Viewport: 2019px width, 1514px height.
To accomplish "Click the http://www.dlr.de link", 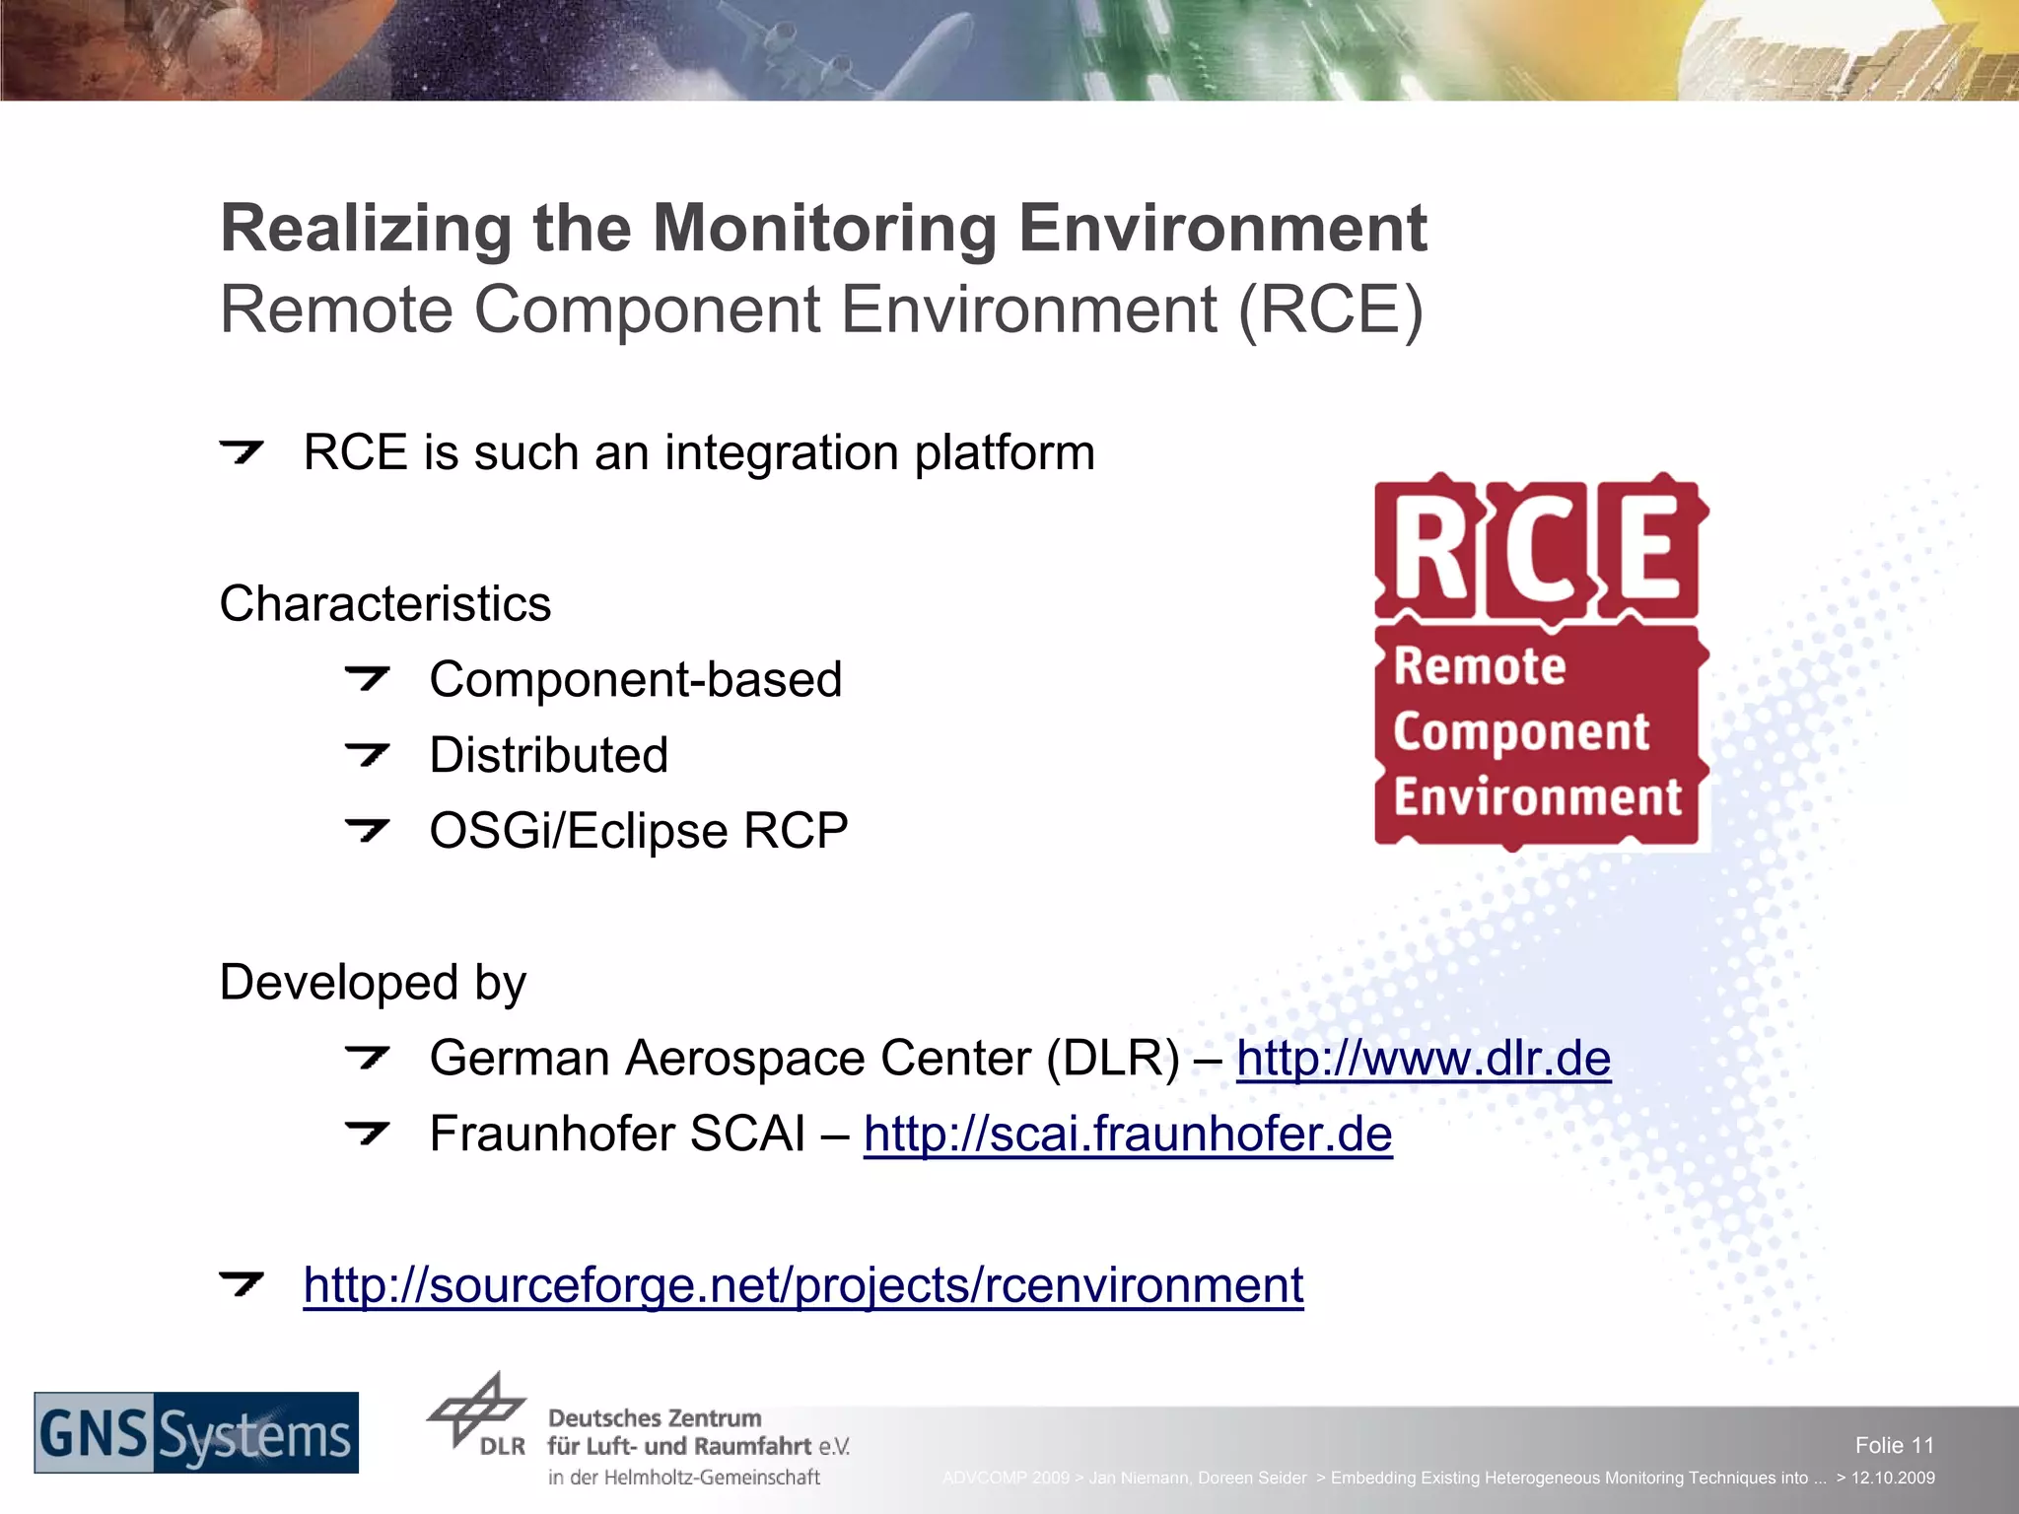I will click(1423, 1059).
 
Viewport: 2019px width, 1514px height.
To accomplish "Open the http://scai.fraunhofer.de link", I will click(1127, 1135).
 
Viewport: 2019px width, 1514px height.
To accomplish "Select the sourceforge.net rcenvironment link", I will click(802, 1285).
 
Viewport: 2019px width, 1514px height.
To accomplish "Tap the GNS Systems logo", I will click(196, 1433).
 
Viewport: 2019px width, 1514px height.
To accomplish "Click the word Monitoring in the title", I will click(824, 229).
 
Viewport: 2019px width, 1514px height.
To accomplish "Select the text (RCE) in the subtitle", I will click(1330, 310).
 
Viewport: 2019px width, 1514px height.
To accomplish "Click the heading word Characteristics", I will click(384, 603).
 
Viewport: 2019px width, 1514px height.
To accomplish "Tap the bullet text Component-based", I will click(635, 680).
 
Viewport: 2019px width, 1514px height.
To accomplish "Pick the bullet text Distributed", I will click(548, 756).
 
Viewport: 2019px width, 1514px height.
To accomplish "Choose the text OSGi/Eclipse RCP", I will click(638, 831).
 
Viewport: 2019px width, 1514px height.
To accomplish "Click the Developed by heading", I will click(373, 983).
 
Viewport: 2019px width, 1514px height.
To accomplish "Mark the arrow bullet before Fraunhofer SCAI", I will click(368, 1134).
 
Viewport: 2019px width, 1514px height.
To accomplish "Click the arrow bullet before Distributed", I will click(368, 755).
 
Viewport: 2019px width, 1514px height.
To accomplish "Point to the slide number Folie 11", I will click(1894, 1445).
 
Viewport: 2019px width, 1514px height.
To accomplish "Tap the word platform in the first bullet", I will click(1004, 453).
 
